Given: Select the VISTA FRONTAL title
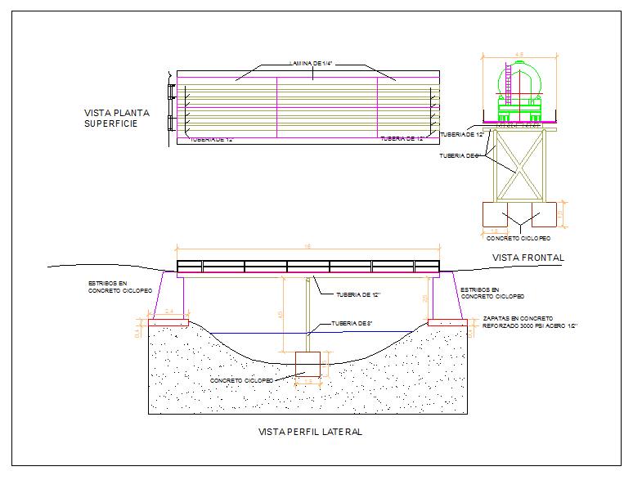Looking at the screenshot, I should (x=528, y=258).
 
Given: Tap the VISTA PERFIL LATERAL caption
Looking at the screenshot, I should (x=309, y=432).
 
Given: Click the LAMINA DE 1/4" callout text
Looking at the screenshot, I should (x=315, y=64).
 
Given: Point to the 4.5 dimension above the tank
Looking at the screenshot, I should (x=519, y=55).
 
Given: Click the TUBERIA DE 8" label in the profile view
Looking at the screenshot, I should (x=352, y=324).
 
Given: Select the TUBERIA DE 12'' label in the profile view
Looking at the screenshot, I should (x=358, y=295).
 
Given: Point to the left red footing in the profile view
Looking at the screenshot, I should (x=168, y=322).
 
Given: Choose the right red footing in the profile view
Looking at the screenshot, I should (x=447, y=322).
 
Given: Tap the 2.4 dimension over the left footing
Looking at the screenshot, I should (x=168, y=311).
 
